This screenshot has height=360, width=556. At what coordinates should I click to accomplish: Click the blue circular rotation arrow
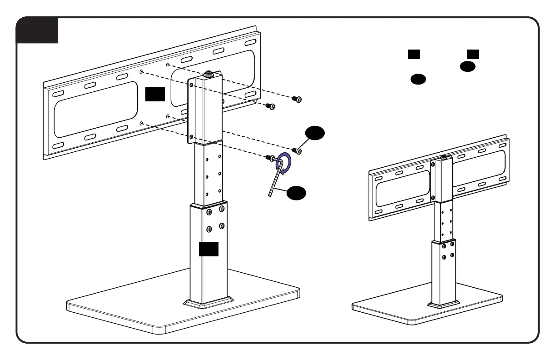[x=285, y=163]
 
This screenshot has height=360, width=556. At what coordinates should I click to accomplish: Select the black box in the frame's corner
[x=37, y=30]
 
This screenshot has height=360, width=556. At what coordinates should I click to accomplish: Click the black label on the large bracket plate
[x=155, y=94]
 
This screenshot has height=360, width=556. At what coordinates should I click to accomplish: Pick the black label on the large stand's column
[x=208, y=249]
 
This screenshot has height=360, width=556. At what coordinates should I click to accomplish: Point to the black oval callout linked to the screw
[x=315, y=133]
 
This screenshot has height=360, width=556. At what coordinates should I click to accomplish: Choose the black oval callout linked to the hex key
[x=296, y=193]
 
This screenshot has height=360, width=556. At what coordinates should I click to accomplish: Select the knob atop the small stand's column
[x=443, y=158]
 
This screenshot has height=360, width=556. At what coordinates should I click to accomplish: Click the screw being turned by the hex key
[x=270, y=158]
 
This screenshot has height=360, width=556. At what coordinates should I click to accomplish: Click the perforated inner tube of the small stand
[x=443, y=220]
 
